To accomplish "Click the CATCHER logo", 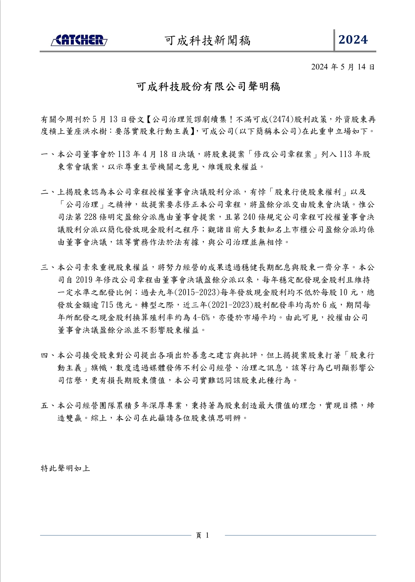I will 79,40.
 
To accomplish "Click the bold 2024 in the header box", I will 353,40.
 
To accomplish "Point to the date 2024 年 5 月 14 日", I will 343,67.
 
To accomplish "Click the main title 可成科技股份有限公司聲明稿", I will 208,87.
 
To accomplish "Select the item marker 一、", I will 48,154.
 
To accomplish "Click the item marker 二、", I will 48,192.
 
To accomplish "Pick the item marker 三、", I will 48,268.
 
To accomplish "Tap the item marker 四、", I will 48,356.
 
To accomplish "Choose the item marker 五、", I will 48,406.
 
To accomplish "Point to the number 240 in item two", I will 249,217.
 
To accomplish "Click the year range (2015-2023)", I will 197,292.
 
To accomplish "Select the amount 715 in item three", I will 107,305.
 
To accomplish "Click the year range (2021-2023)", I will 230,305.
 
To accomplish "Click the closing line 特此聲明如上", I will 65,468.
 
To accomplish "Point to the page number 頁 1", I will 203,535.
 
